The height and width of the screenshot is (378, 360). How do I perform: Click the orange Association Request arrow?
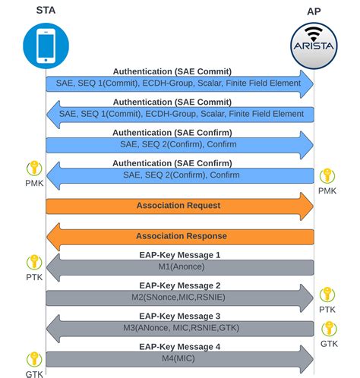[180, 206]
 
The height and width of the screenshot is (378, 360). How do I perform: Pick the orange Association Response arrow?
[180, 236]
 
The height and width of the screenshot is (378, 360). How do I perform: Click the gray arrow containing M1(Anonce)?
[180, 267]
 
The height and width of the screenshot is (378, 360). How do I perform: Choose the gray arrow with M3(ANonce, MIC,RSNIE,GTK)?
[180, 328]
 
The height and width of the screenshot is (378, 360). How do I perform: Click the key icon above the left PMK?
[33, 169]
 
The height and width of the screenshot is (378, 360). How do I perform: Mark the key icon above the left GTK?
[33, 359]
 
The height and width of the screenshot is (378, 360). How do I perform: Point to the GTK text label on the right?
[328, 343]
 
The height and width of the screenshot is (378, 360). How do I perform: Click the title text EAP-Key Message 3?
[180, 316]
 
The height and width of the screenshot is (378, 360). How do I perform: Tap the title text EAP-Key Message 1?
[180, 255]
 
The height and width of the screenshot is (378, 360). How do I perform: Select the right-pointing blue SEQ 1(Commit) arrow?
[180, 83]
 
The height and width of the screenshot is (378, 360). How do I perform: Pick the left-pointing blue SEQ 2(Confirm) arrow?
[180, 175]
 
